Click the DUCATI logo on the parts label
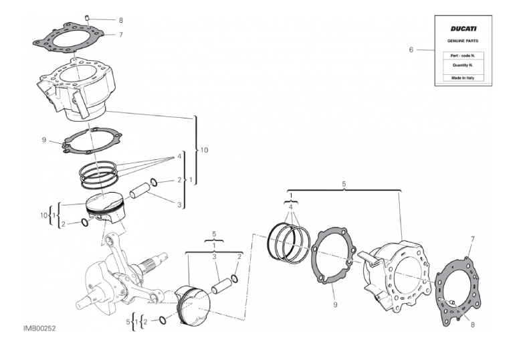pos(463,29)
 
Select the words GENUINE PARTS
pos(463,41)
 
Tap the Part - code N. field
pos(463,56)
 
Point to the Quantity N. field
pos(463,65)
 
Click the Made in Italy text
pos(463,78)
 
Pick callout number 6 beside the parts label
pos(411,50)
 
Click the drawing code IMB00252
pos(39,329)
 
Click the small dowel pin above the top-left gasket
pos(88,17)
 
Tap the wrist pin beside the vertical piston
pos(139,190)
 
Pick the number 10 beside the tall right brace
pos(204,150)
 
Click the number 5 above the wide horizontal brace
pos(344,184)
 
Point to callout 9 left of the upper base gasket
pos(44,140)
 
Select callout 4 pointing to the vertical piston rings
pos(179,156)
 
